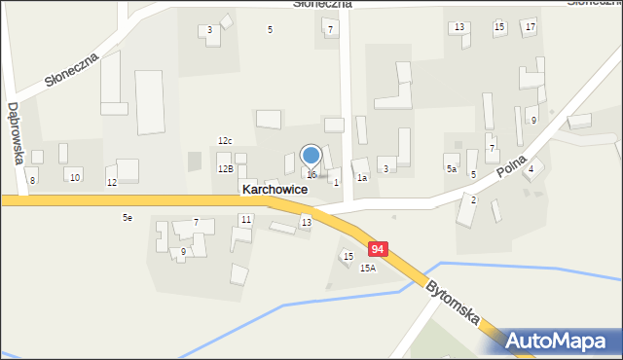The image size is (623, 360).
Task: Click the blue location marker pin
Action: click(311, 156)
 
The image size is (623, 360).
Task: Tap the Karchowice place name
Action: click(275, 190)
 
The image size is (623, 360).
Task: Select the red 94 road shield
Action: click(379, 249)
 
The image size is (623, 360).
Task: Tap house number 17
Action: click(530, 26)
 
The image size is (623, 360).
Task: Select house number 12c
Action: click(225, 141)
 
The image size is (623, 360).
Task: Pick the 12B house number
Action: click(225, 169)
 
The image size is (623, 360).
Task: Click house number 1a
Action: click(362, 178)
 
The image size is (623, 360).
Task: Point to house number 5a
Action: click(452, 169)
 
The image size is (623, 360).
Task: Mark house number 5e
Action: click(128, 218)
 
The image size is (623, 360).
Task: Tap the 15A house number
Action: click(367, 268)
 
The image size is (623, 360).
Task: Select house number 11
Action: click(246, 220)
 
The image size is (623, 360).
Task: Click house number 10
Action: click(75, 176)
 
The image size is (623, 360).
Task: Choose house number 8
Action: click(32, 181)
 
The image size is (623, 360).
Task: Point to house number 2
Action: click(474, 199)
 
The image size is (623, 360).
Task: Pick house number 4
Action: click(531, 170)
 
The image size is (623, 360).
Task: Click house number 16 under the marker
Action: click(311, 175)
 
